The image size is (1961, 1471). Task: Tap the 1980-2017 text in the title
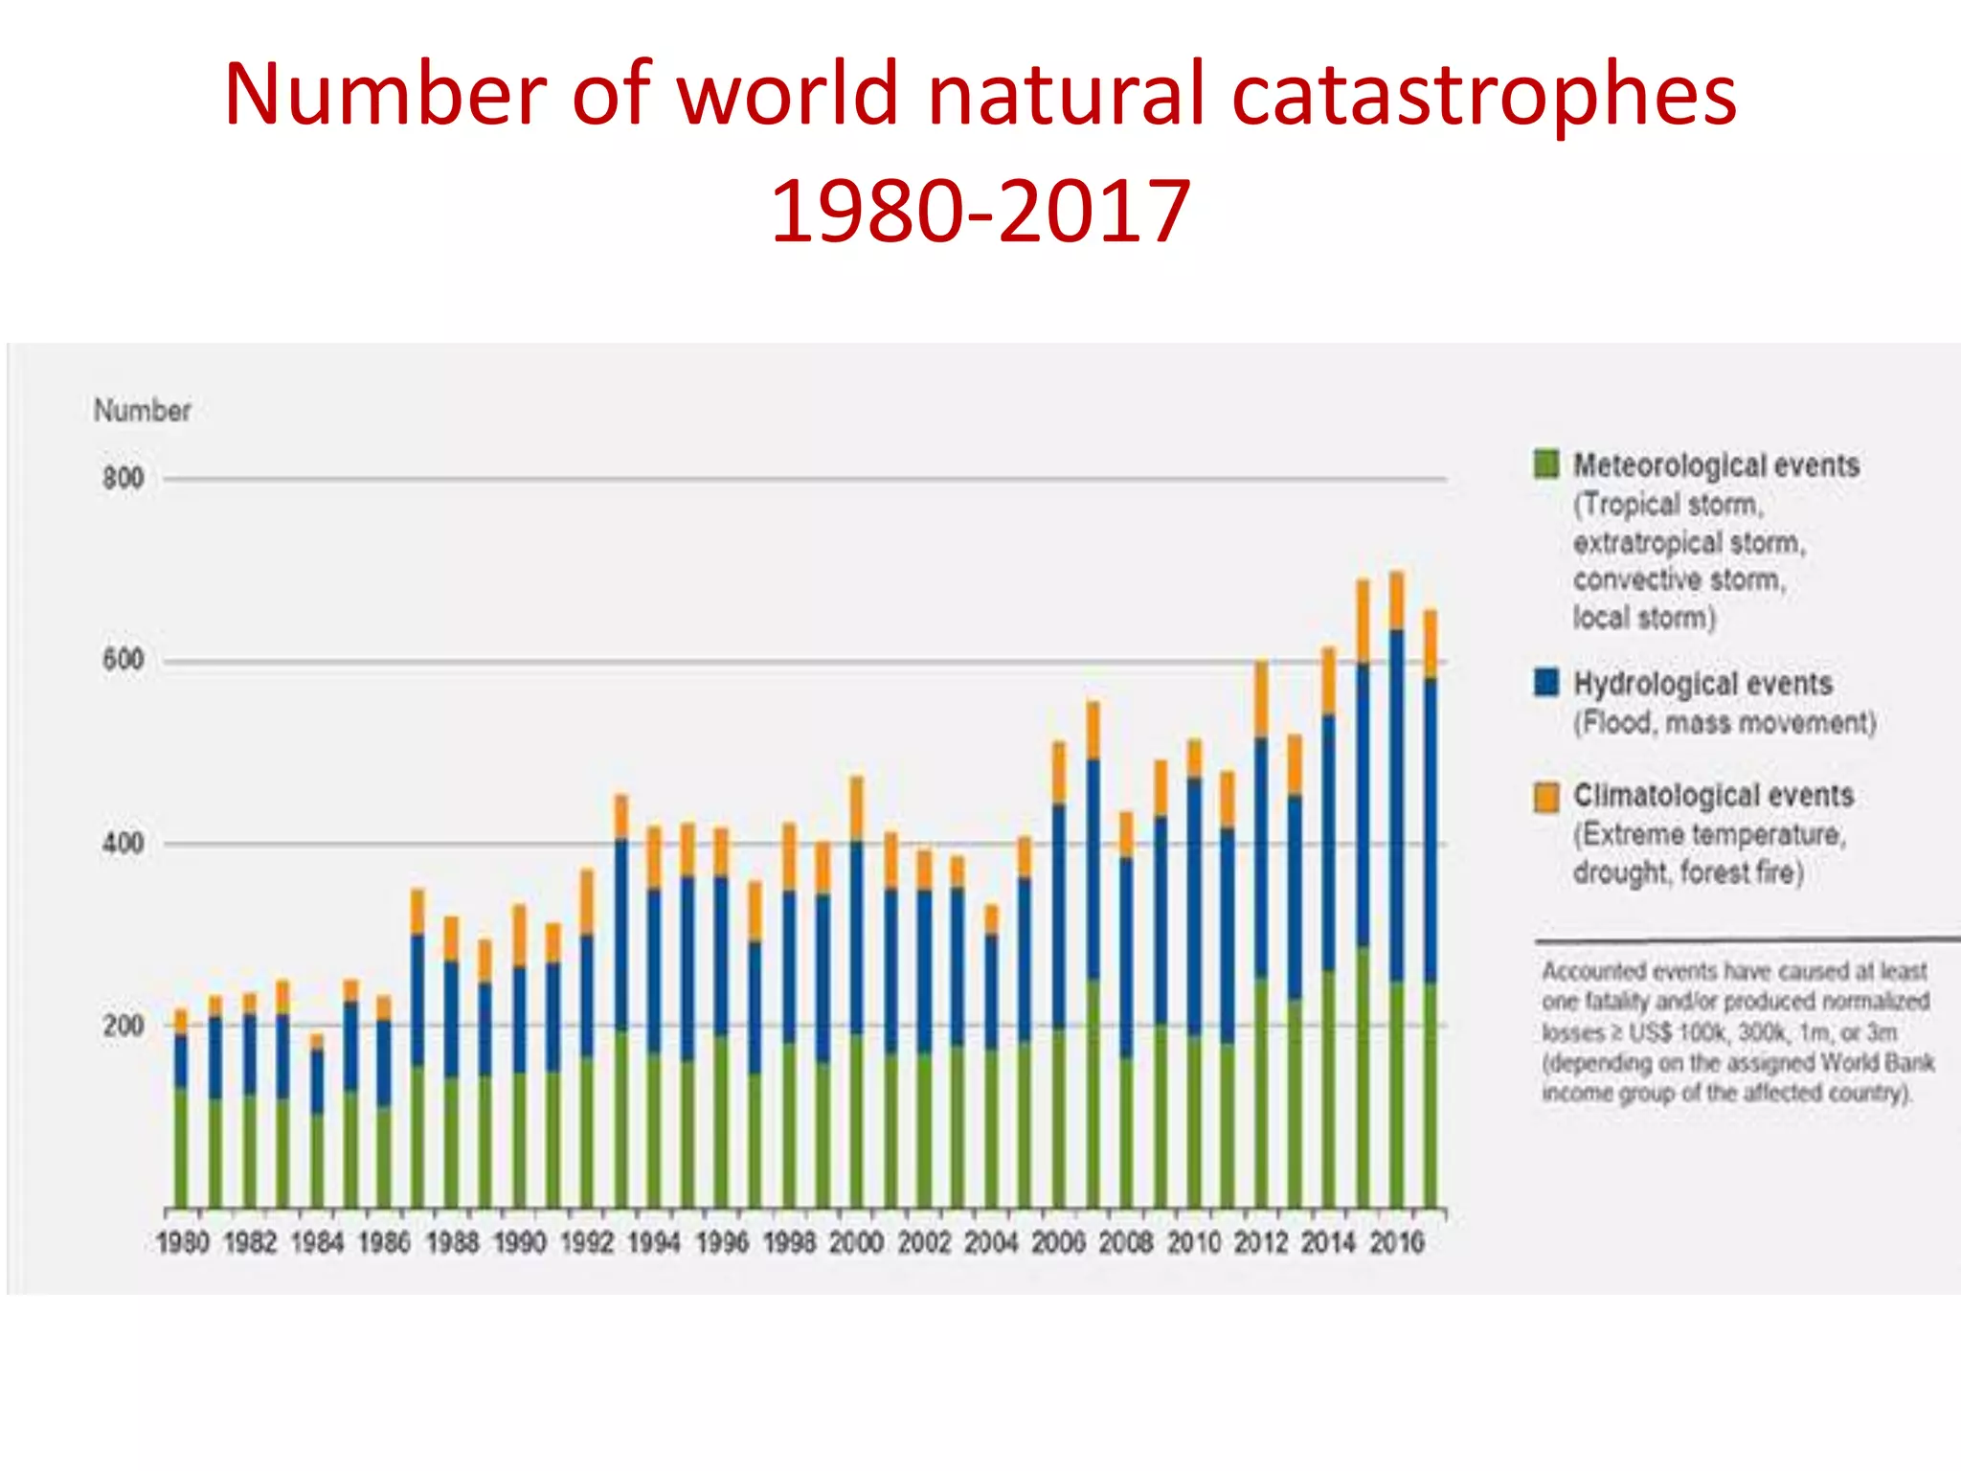980,213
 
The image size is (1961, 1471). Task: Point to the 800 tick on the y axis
124,478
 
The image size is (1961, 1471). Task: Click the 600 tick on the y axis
124,660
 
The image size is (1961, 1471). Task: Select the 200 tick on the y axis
124,1026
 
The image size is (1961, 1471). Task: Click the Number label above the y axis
143,411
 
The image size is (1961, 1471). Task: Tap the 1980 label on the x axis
182,1243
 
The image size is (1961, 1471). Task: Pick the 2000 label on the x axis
856,1243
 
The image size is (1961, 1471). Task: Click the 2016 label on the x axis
1397,1243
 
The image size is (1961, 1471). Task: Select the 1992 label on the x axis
587,1243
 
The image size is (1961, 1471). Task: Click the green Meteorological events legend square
1545,464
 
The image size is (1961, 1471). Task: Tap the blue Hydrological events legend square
1545,683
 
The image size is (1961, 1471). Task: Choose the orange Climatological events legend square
1545,796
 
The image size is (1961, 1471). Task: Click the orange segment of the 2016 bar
1397,600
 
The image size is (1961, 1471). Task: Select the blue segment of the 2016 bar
1397,804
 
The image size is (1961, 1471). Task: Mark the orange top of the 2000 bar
856,808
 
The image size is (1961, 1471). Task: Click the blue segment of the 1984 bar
317,1080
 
